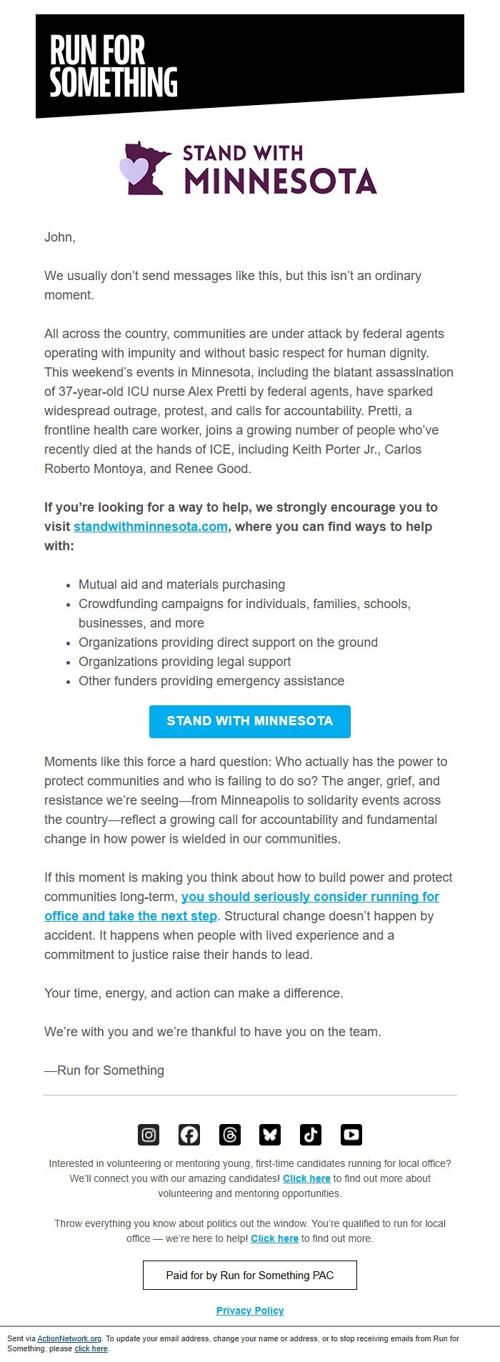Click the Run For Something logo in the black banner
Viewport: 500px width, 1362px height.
(x=113, y=66)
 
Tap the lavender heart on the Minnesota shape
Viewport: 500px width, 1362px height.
(x=133, y=170)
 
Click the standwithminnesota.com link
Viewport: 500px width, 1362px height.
(x=151, y=527)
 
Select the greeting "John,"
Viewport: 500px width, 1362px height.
(x=60, y=237)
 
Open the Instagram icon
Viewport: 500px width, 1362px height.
(x=149, y=1134)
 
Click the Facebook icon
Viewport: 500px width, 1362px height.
(x=189, y=1134)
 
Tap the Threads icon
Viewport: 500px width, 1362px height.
(x=230, y=1134)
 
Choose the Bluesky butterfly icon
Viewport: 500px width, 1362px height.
(x=270, y=1134)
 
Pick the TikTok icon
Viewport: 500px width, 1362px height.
(x=311, y=1134)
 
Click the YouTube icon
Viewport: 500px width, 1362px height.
(x=351, y=1134)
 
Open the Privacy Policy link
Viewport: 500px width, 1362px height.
(x=250, y=1311)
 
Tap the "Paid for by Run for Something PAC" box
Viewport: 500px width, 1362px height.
(x=250, y=1275)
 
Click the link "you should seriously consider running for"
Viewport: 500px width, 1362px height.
(x=310, y=897)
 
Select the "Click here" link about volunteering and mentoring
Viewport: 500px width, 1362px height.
(x=306, y=1178)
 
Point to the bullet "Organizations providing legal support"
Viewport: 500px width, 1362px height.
(x=184, y=662)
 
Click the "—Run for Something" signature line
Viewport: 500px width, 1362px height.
(x=104, y=1070)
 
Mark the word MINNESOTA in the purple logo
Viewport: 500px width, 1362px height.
(x=280, y=182)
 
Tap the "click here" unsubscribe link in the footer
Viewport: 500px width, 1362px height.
(x=91, y=1348)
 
